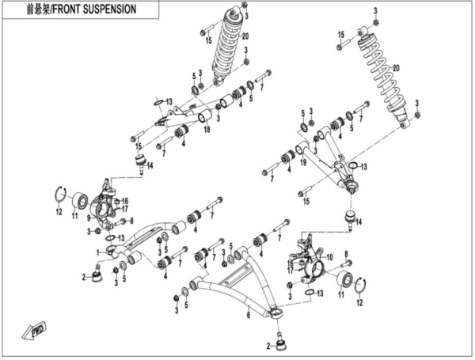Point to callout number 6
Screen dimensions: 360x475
(247, 314)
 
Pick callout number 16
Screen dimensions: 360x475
(124, 202)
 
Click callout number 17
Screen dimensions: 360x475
(124, 210)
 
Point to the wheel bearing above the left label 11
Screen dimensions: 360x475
(79, 198)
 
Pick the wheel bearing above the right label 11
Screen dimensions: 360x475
(346, 279)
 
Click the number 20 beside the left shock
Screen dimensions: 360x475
(245, 36)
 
